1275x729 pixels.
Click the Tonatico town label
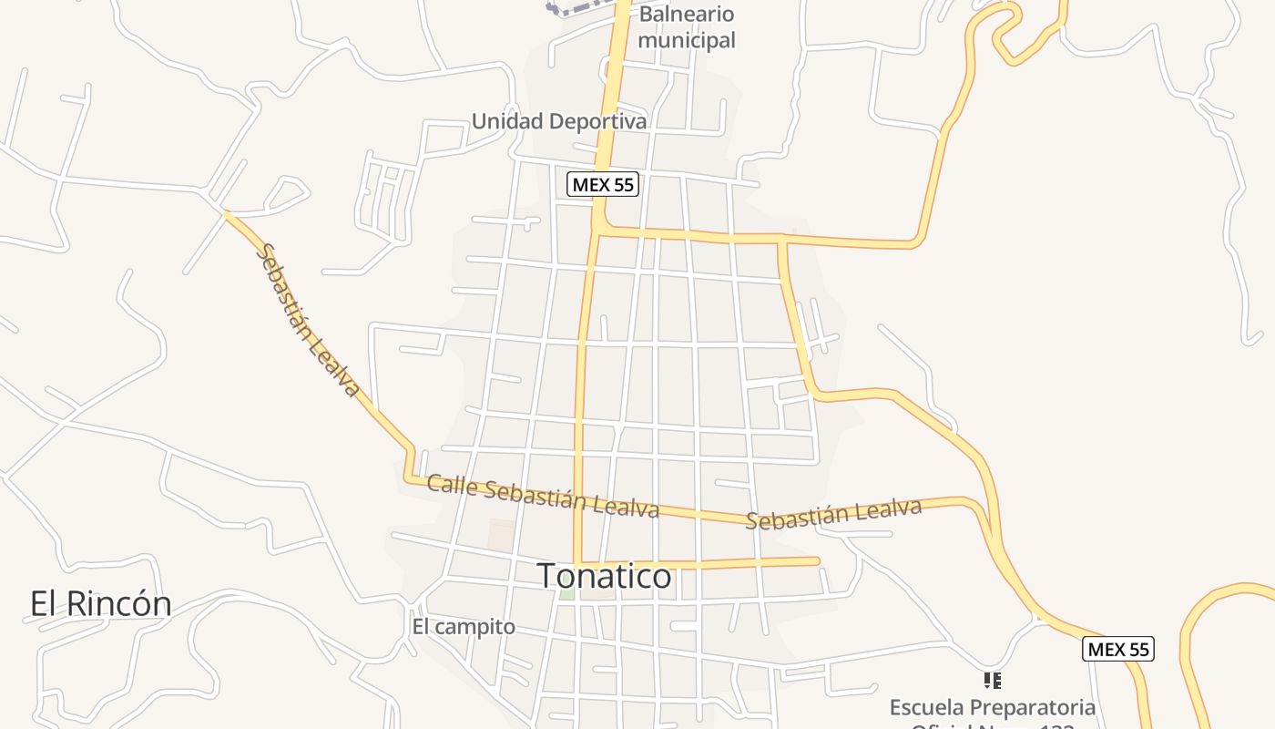(605, 576)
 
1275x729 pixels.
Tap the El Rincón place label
(100, 603)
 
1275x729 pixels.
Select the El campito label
(464, 627)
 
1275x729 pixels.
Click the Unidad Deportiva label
(559, 121)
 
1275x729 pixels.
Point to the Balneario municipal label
(687, 27)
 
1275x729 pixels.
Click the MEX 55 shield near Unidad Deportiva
(603, 185)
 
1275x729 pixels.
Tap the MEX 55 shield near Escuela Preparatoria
(1117, 650)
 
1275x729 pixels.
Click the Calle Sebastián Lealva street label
(543, 496)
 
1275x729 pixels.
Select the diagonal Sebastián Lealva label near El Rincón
(309, 320)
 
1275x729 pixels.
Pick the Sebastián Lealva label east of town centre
(833, 514)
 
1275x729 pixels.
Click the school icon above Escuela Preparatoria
(993, 680)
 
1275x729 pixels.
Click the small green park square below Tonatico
(566, 594)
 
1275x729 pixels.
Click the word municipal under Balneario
(687, 40)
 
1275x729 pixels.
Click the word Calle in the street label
(452, 485)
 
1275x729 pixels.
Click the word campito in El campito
(475, 627)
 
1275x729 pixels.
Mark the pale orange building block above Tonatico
(501, 536)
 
